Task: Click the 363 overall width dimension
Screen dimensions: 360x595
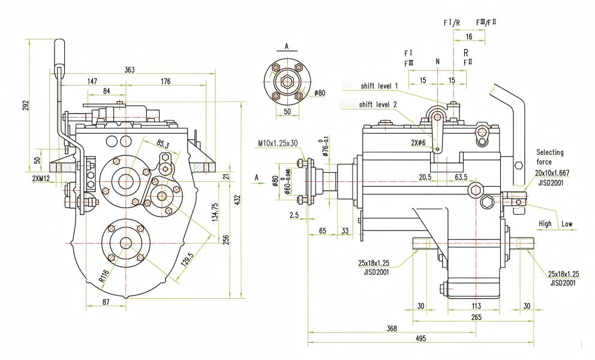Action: click(129, 70)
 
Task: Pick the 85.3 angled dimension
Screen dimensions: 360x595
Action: click(163, 144)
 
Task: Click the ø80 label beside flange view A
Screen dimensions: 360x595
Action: click(319, 94)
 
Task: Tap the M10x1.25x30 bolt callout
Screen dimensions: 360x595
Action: click(277, 143)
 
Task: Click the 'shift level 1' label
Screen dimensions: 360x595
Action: click(379, 86)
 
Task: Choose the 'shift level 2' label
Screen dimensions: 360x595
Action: click(377, 104)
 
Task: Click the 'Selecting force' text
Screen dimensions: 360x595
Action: click(551, 157)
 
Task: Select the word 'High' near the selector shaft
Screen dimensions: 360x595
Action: click(545, 224)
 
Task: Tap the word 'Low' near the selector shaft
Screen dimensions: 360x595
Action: click(566, 224)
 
